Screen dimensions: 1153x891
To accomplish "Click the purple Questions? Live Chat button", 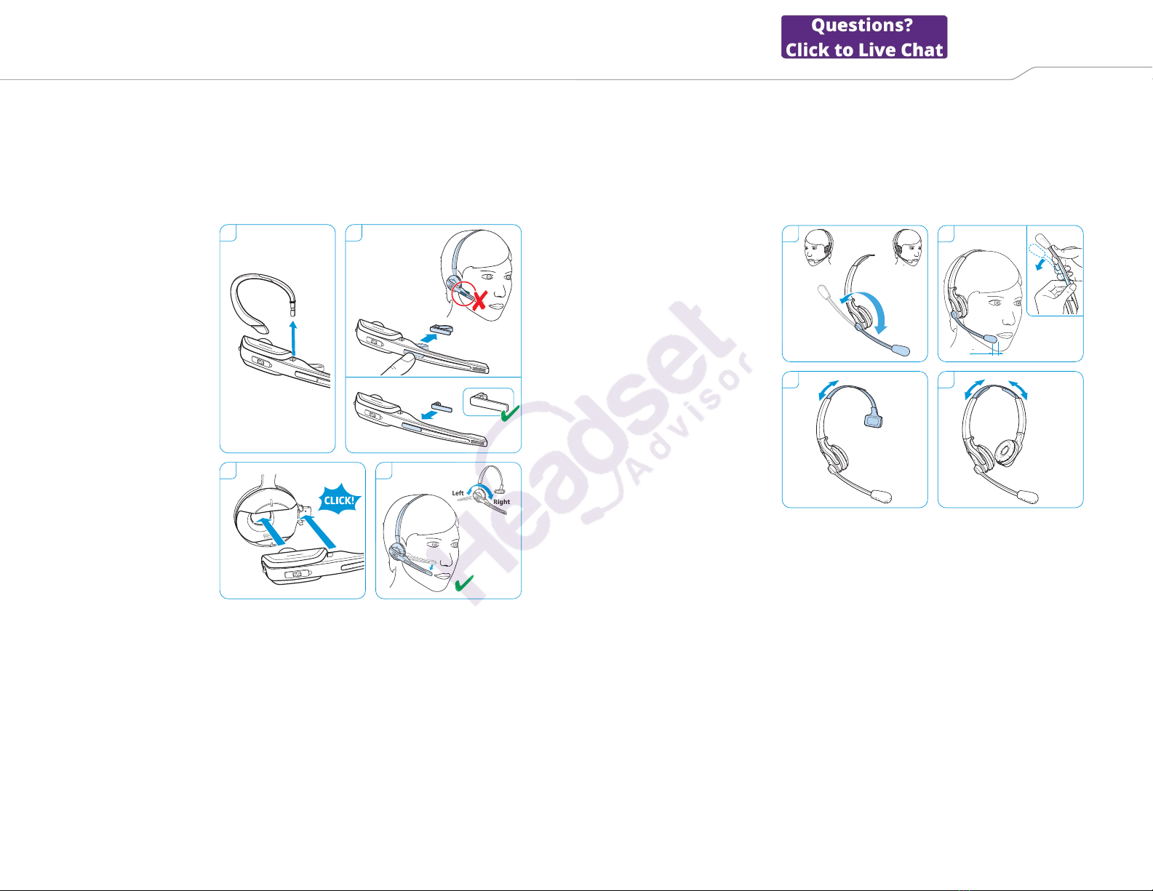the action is tap(863, 36).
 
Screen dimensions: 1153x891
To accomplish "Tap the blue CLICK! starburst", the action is tap(340, 499).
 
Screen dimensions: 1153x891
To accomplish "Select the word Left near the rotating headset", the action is tap(458, 492).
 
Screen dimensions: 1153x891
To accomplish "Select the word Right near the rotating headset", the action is tap(501, 502).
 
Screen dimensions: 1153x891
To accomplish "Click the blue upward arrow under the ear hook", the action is tap(293, 337).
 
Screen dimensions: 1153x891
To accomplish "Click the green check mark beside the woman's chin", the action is tap(464, 583).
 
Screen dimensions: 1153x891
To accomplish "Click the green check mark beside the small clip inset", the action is tap(509, 414).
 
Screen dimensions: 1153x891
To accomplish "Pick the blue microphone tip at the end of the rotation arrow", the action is tap(901, 350).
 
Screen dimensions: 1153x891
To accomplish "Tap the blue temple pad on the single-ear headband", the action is tap(873, 421).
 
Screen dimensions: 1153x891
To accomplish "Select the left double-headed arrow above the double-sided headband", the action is tap(974, 389).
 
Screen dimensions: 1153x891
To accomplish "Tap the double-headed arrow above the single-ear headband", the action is tap(829, 390).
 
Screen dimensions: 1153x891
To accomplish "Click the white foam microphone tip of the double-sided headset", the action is tap(1029, 496).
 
